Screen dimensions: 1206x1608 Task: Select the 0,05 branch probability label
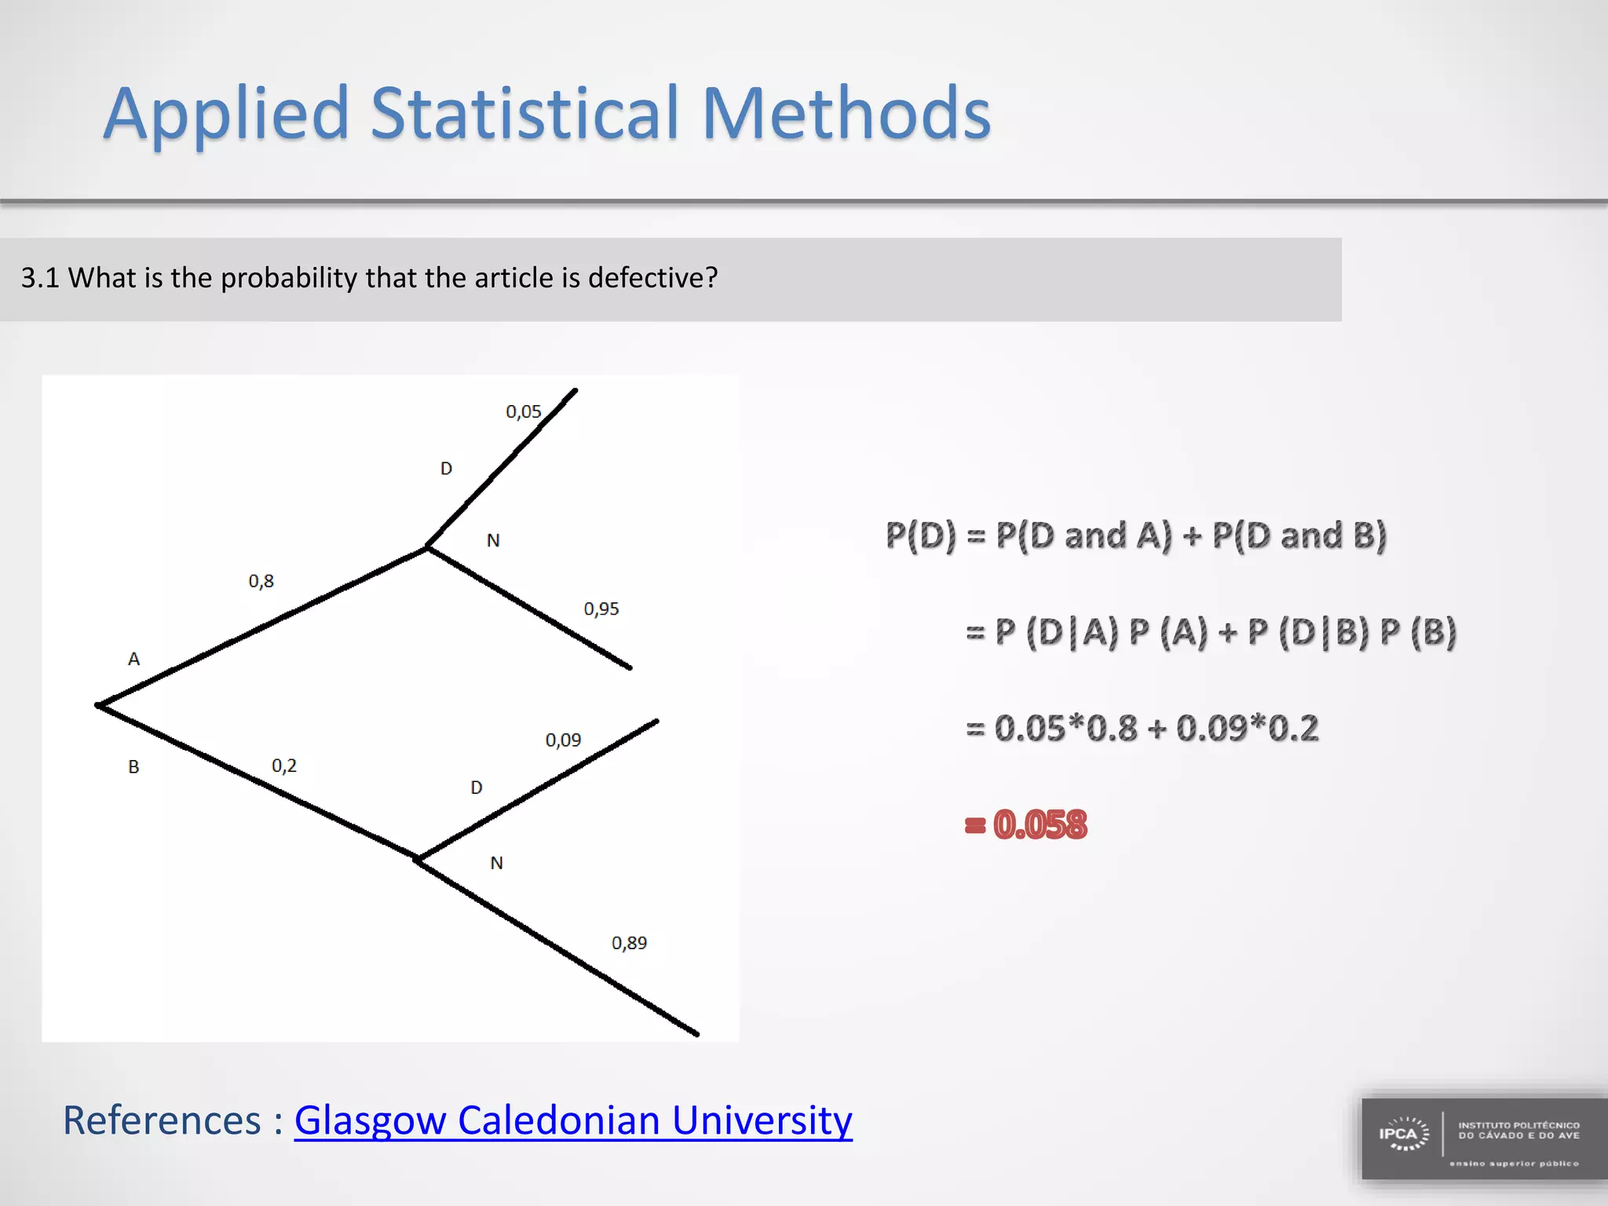[x=523, y=411]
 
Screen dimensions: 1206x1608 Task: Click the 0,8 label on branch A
[x=261, y=581]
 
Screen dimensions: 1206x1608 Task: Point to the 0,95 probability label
[x=601, y=608]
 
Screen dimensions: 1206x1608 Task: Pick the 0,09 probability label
[x=563, y=740]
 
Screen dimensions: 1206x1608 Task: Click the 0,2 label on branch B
[x=283, y=766]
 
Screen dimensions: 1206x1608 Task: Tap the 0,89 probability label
[x=629, y=942]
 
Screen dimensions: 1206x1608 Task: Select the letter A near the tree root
[x=133, y=659]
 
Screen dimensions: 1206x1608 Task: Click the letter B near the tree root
[x=133, y=766]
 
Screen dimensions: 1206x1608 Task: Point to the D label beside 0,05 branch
[x=446, y=469]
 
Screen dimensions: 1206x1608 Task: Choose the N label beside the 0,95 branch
[x=493, y=540]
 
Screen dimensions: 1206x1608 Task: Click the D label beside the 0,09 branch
[x=476, y=787]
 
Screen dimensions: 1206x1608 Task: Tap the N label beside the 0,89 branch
[x=496, y=863]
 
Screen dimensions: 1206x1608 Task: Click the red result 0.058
[x=1040, y=824]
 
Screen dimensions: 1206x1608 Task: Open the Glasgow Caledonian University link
[x=572, y=1120]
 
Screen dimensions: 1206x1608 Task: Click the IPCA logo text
[x=1398, y=1134]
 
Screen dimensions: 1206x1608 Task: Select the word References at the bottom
[x=162, y=1120]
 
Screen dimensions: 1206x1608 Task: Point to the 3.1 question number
[x=40, y=278]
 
